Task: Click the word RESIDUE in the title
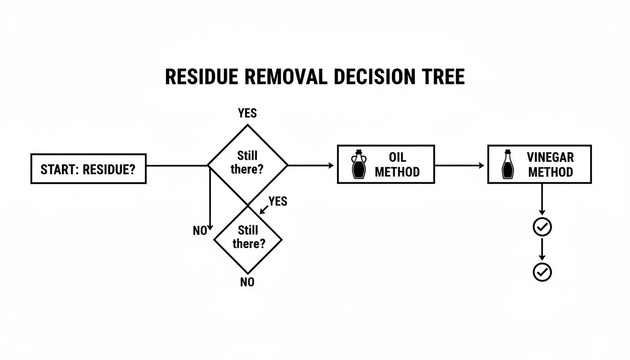(202, 77)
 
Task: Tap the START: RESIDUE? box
(88, 169)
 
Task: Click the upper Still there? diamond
(247, 163)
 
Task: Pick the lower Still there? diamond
(248, 237)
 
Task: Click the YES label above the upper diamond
(247, 113)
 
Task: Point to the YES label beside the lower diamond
(277, 202)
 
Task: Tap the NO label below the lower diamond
(247, 283)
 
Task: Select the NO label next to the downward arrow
(200, 231)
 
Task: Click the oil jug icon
(359, 165)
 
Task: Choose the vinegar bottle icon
(507, 165)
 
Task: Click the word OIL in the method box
(397, 157)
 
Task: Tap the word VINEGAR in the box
(550, 157)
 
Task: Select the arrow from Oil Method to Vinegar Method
(459, 165)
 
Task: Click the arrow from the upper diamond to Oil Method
(310, 165)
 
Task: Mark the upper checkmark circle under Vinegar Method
(542, 227)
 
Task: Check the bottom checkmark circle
(542, 272)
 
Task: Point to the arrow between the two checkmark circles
(542, 249)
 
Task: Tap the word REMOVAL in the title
(286, 77)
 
